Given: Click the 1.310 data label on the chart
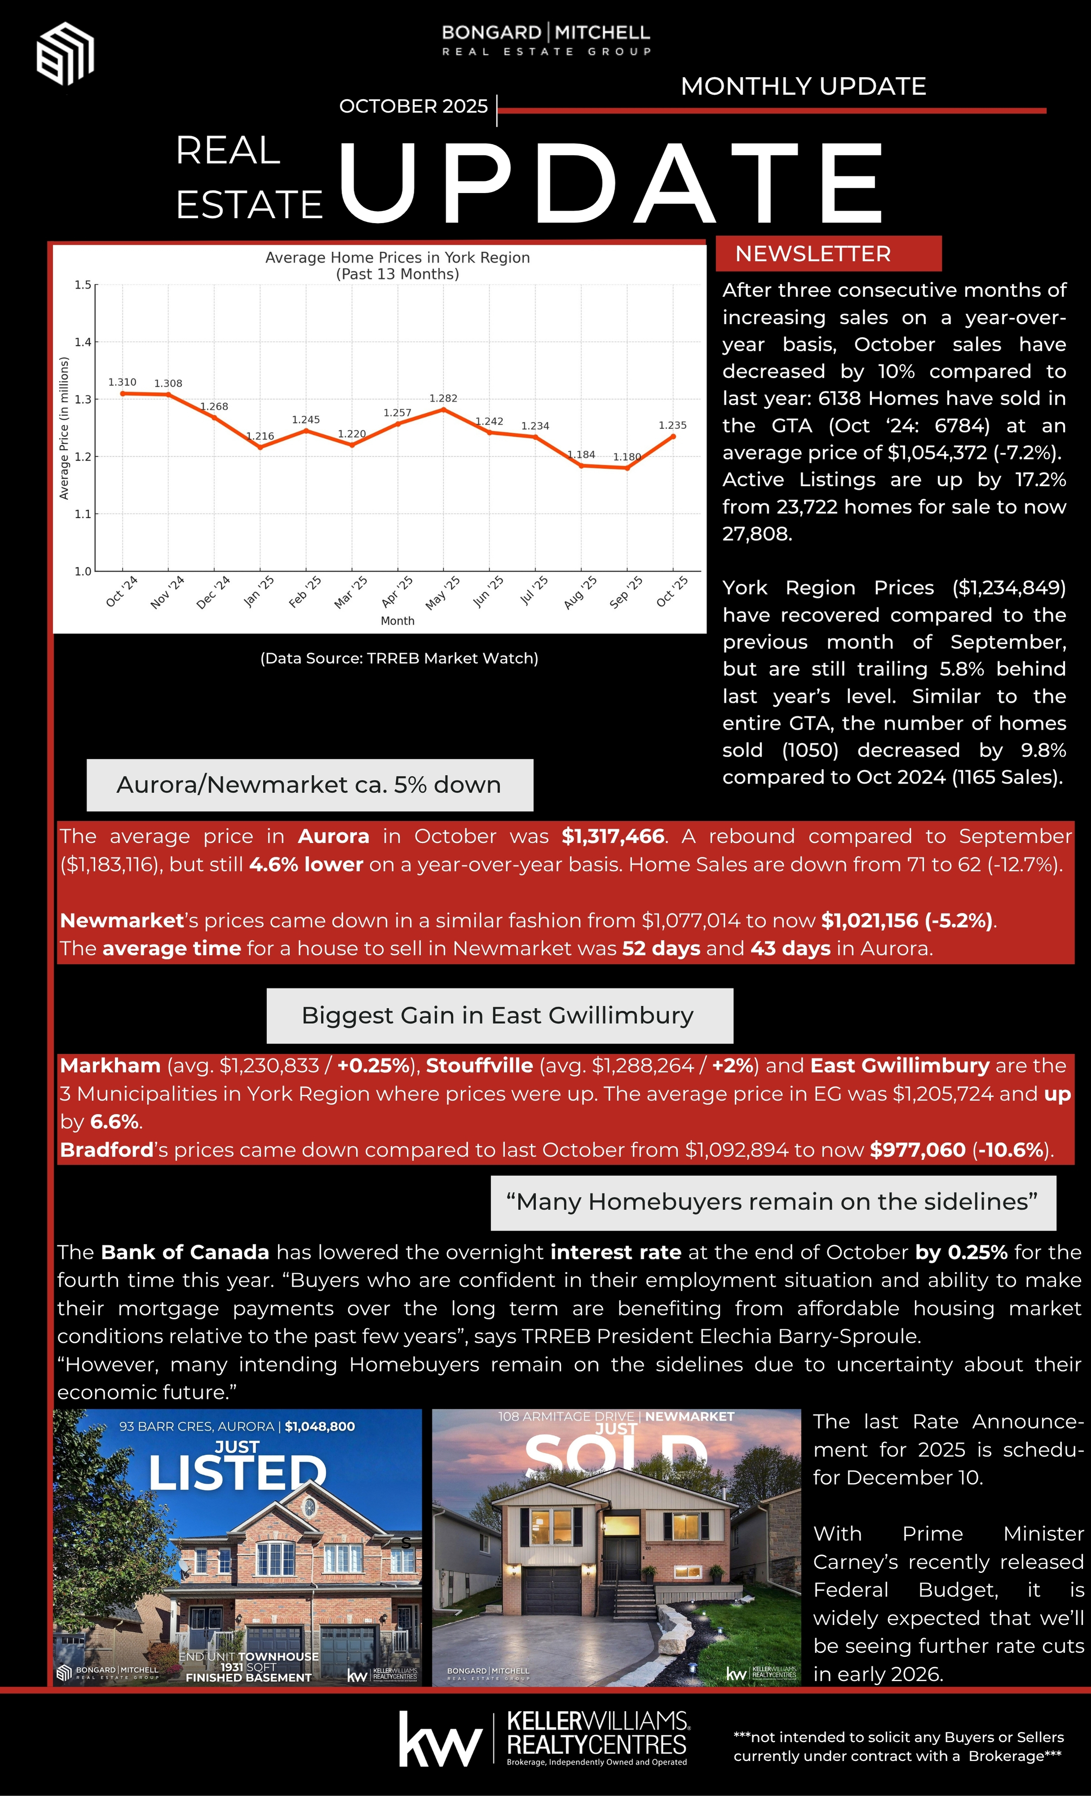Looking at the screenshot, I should (122, 382).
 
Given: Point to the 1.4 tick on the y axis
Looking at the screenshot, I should (82, 342).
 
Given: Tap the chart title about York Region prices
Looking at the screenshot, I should (398, 265).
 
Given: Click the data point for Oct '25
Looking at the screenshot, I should (672, 436).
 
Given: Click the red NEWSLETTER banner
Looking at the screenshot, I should (828, 254).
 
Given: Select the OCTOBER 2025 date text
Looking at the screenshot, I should (413, 106).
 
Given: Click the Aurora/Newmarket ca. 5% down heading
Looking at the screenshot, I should (309, 785).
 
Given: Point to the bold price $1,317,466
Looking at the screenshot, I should (612, 836).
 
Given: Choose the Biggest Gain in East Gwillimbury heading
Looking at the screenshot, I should (499, 1015).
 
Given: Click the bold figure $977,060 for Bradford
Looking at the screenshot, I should (918, 1149).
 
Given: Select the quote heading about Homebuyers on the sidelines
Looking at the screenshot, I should (773, 1202).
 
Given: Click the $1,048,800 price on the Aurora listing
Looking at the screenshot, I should (319, 1426).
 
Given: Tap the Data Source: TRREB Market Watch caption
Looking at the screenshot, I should (399, 658).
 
